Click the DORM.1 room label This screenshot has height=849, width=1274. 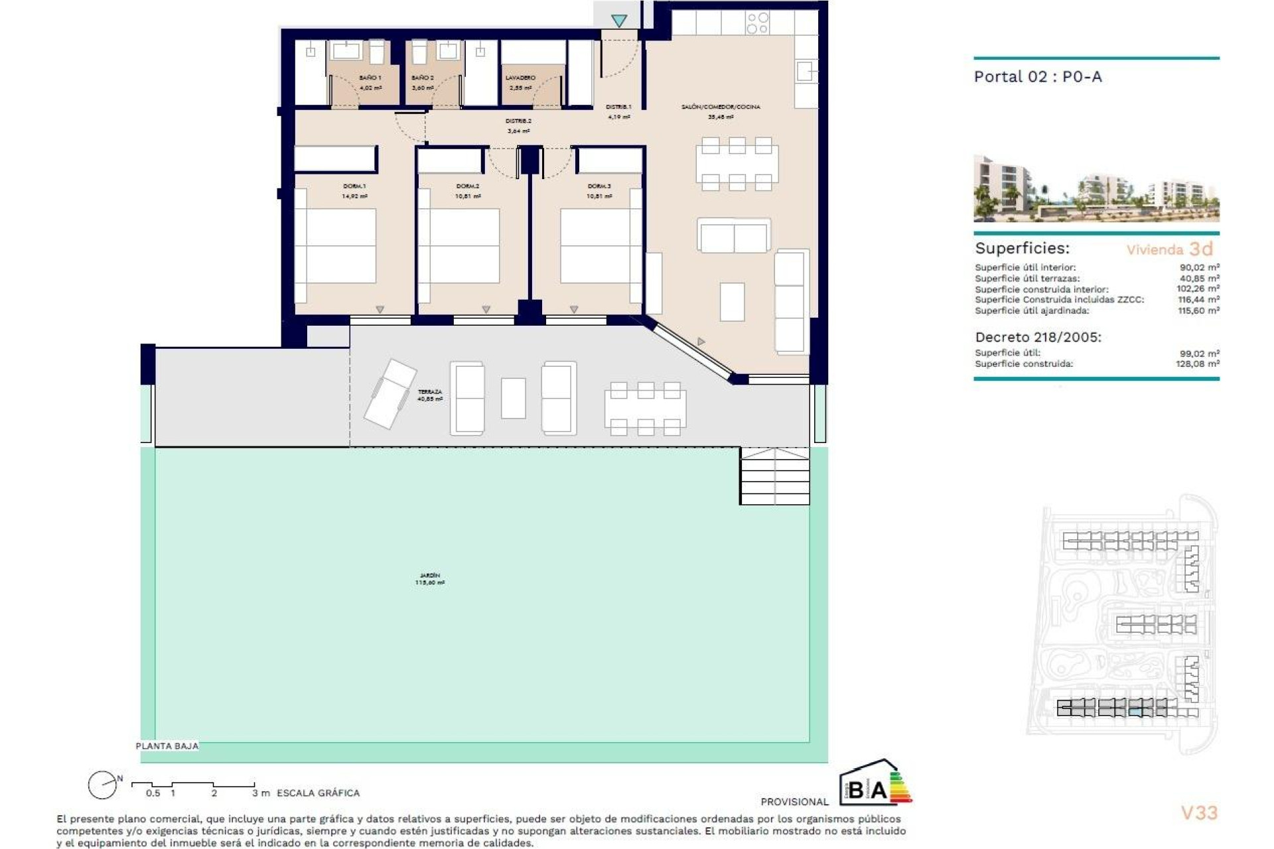354,186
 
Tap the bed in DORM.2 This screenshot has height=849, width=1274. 464,245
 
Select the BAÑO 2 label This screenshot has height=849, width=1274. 423,78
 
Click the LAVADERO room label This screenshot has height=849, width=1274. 520,78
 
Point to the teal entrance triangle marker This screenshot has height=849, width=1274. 619,21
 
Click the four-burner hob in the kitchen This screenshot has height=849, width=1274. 757,23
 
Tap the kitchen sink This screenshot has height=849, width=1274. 806,71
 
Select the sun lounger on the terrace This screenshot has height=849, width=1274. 389,393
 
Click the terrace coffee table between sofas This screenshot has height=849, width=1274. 513,398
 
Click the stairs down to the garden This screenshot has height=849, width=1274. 774,476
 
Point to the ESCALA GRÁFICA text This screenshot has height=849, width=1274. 318,793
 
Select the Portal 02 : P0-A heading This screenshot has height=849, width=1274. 1037,77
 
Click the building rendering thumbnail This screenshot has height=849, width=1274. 1096,188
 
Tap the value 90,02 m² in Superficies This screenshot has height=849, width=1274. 1199,267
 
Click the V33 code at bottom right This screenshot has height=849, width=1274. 1199,813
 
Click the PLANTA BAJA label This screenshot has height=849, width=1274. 167,746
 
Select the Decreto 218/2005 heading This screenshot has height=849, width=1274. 1038,337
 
